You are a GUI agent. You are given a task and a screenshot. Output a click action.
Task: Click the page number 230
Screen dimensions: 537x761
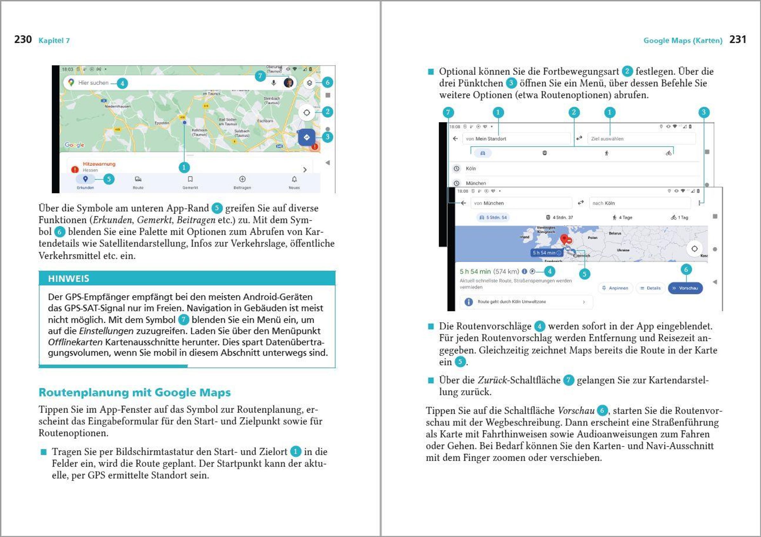[23, 39]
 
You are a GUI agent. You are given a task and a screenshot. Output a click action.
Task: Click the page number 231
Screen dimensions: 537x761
[738, 39]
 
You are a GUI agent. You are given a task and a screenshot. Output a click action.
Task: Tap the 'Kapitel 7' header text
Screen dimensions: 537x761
[54, 40]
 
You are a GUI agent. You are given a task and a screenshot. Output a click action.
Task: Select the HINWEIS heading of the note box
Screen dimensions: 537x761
[69, 279]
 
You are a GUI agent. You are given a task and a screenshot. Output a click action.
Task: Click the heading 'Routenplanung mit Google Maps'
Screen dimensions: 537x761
[134, 392]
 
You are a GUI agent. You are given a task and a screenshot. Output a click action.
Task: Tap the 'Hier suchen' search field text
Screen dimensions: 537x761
[93, 83]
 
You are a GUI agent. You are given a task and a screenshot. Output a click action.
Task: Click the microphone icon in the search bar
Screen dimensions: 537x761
[274, 83]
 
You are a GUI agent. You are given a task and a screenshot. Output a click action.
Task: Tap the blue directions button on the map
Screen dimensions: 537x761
[306, 137]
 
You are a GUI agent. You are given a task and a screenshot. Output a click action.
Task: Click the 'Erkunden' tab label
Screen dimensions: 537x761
[85, 187]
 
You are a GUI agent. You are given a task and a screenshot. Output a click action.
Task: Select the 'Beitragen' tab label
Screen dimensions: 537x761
[242, 187]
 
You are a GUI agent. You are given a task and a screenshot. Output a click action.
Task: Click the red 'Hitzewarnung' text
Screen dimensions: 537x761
[99, 164]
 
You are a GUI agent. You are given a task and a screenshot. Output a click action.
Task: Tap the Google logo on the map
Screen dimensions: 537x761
[75, 145]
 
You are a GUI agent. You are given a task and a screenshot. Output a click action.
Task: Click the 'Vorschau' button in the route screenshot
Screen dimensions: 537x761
[685, 288]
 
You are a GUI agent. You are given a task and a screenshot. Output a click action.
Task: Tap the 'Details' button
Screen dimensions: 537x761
[651, 288]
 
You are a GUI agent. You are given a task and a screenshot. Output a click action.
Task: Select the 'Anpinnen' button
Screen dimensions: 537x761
[615, 288]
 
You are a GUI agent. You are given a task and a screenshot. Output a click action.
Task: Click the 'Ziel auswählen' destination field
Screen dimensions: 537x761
[607, 139]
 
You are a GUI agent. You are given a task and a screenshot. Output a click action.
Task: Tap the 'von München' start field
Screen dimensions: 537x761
[489, 203]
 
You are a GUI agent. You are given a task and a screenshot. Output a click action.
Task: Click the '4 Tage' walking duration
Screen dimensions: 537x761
[623, 218]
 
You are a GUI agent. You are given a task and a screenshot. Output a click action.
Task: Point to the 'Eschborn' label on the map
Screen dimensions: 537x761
[265, 121]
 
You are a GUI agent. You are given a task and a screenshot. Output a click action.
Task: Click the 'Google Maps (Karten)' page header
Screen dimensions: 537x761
[683, 40]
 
